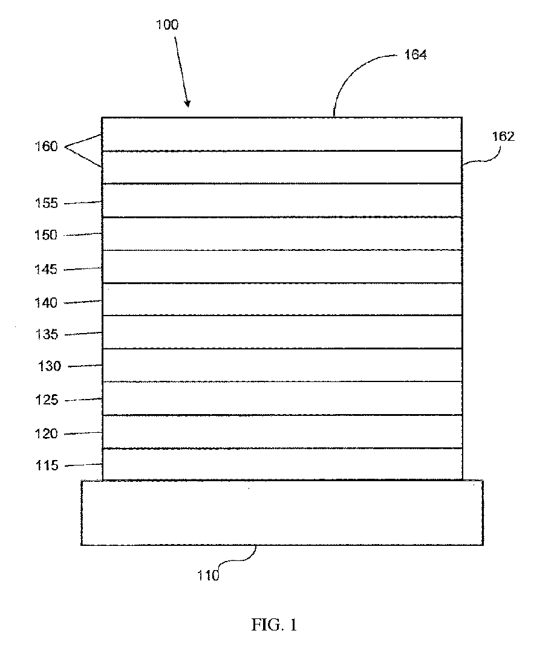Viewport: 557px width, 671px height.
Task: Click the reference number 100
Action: (167, 25)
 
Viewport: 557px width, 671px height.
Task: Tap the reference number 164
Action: (415, 55)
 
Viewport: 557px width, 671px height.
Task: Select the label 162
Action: (503, 136)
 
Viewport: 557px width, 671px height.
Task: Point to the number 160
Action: (46, 146)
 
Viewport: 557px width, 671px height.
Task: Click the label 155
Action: (46, 203)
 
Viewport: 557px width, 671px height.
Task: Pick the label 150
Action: (46, 235)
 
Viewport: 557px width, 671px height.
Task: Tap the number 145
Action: (46, 269)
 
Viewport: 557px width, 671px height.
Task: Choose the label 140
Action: (46, 302)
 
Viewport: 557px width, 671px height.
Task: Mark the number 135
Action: (46, 334)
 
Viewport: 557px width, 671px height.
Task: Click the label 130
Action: (50, 366)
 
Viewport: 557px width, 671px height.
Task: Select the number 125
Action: (46, 400)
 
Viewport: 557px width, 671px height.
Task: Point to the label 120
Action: (46, 433)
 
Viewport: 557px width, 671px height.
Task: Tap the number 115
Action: (47, 465)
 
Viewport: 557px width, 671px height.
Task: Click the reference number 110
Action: (208, 575)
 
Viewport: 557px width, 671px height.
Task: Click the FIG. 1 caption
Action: (274, 625)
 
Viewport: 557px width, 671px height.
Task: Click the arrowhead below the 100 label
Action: (187, 103)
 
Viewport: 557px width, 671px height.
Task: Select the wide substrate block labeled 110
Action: (282, 513)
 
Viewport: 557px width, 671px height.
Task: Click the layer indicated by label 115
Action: (282, 464)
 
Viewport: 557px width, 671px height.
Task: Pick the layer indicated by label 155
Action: (282, 200)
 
